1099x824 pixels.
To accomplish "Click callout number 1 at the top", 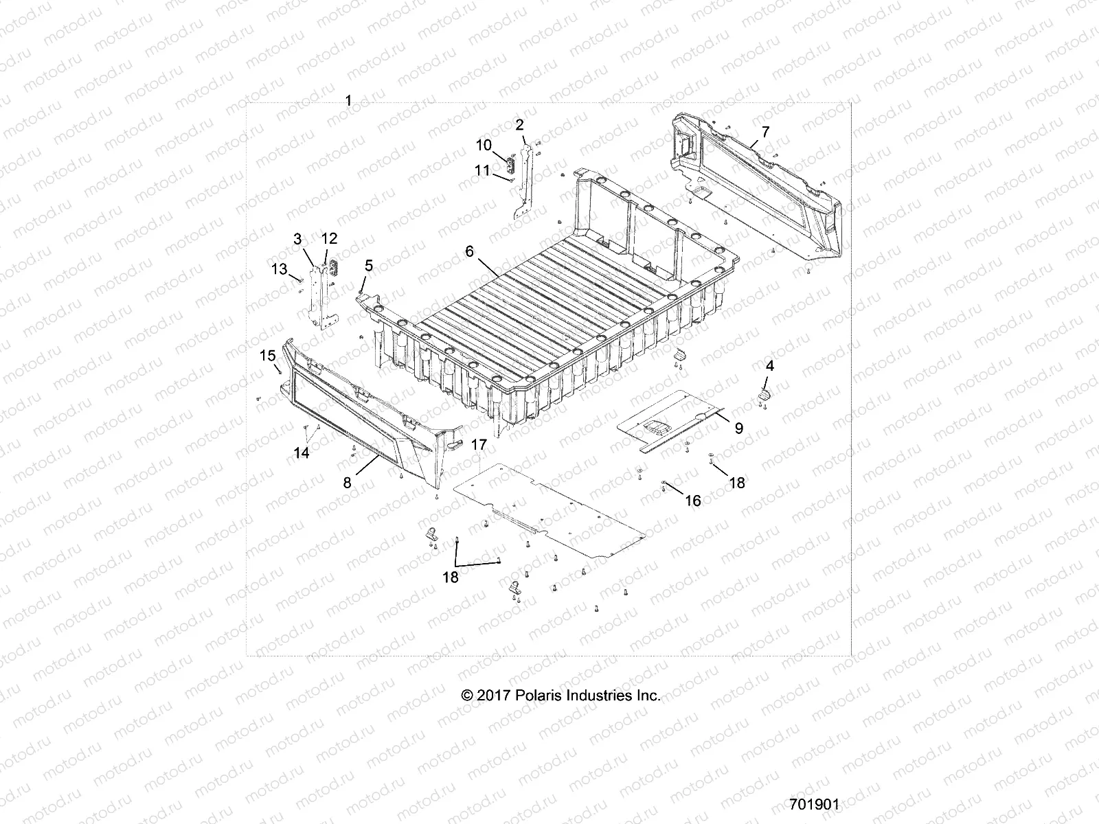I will (348, 101).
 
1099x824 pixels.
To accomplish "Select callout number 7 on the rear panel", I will (765, 133).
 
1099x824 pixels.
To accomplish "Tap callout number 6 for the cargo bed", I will (469, 251).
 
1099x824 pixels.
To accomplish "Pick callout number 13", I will (279, 269).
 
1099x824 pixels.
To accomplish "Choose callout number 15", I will (267, 356).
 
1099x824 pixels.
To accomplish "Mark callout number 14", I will (302, 453).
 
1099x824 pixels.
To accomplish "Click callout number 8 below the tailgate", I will (348, 483).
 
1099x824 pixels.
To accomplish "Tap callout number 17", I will (479, 445).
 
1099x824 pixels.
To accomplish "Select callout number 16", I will (693, 501).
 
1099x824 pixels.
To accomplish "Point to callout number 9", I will (738, 428).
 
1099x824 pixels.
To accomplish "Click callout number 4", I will (770, 366).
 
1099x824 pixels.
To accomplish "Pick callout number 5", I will (369, 264).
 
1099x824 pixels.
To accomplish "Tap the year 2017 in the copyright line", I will (492, 696).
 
